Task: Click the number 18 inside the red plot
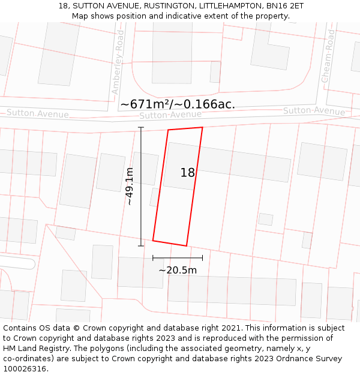click(187, 173)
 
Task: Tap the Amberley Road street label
click(118, 63)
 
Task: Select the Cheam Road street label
click(328, 56)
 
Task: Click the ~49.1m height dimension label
click(130, 186)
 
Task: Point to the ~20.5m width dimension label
click(178, 270)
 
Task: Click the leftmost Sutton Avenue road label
click(37, 113)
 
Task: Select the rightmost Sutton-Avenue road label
click(314, 111)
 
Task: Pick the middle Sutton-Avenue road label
click(170, 115)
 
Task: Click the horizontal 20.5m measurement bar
click(178, 258)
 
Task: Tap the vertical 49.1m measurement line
click(141, 186)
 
